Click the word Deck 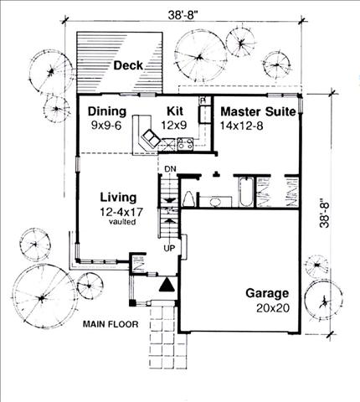point(128,65)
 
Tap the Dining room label point(107,111)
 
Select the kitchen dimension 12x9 point(174,125)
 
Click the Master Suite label point(258,112)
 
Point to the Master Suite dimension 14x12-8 point(242,126)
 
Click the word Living point(118,198)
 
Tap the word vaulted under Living point(122,222)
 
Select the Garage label point(267,294)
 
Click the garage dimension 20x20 point(273,308)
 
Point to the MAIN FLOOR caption point(111,324)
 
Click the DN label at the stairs point(170,169)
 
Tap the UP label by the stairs point(169,248)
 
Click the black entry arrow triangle point(167,286)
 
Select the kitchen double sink point(151,138)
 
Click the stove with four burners point(185,144)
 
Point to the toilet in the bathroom point(190,199)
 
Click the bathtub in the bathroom point(246,192)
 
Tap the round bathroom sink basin point(215,202)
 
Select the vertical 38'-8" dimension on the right point(325,214)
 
